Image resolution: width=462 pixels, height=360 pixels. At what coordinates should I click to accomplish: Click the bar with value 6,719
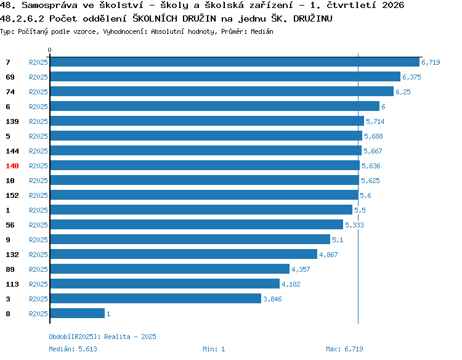pyautogui.click(x=235, y=62)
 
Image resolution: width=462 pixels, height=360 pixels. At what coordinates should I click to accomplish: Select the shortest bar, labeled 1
pyautogui.click(x=78, y=313)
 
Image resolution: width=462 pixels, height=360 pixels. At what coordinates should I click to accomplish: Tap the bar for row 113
pyautogui.click(x=165, y=284)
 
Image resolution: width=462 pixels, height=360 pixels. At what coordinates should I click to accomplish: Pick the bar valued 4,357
pyautogui.click(x=170, y=269)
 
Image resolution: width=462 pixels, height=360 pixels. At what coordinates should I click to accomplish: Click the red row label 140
pyautogui.click(x=12, y=166)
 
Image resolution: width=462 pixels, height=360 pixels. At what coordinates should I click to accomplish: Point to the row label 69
pyautogui.click(x=10, y=77)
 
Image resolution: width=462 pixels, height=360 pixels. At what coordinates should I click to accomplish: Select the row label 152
pyautogui.click(x=12, y=195)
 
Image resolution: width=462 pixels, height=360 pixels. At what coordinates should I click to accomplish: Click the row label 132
pyautogui.click(x=12, y=255)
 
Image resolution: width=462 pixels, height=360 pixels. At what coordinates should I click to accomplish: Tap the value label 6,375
pyautogui.click(x=411, y=77)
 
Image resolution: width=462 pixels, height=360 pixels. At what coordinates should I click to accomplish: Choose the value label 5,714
pyautogui.click(x=375, y=121)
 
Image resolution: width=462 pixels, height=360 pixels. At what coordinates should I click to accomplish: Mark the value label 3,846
pyautogui.click(x=272, y=299)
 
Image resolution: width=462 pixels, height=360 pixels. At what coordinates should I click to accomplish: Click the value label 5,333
pyautogui.click(x=354, y=225)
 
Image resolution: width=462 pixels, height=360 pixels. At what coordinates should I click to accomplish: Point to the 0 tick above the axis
pyautogui.click(x=49, y=50)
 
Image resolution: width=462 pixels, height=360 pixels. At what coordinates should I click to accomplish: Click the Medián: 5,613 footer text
pyautogui.click(x=73, y=349)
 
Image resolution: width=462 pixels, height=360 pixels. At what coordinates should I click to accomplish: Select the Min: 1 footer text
pyautogui.click(x=214, y=349)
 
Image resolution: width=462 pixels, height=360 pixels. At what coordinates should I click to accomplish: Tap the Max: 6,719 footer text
pyautogui.click(x=344, y=349)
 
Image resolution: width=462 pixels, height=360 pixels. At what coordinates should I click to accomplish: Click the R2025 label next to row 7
pyautogui.click(x=38, y=62)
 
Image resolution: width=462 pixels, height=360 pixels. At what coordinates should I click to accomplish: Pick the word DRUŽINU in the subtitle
pyautogui.click(x=312, y=18)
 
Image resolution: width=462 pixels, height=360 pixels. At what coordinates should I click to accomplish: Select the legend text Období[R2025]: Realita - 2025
pyautogui.click(x=102, y=337)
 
